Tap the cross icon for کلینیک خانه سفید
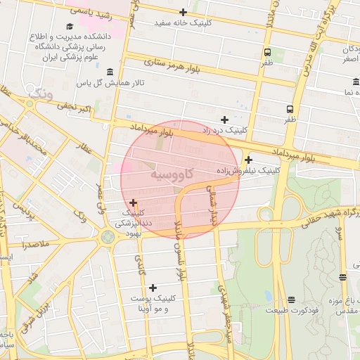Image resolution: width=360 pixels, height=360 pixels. click(x=183, y=12)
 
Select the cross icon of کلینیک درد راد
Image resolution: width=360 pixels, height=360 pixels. click(x=224, y=120)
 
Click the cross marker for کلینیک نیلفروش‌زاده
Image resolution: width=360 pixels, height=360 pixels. click(x=248, y=160)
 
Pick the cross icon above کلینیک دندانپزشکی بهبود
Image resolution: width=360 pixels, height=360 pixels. click(x=133, y=202)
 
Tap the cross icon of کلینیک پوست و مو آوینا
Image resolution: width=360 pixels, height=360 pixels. click(x=153, y=287)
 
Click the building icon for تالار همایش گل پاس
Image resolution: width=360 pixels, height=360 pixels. click(x=110, y=72)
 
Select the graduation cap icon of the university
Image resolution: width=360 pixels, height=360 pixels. click(x=69, y=26)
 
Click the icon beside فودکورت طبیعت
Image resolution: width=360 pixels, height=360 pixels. click(x=291, y=299)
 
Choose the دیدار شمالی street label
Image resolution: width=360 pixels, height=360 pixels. click(x=211, y=204)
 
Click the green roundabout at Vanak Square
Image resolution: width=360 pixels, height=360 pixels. click(x=108, y=237)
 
